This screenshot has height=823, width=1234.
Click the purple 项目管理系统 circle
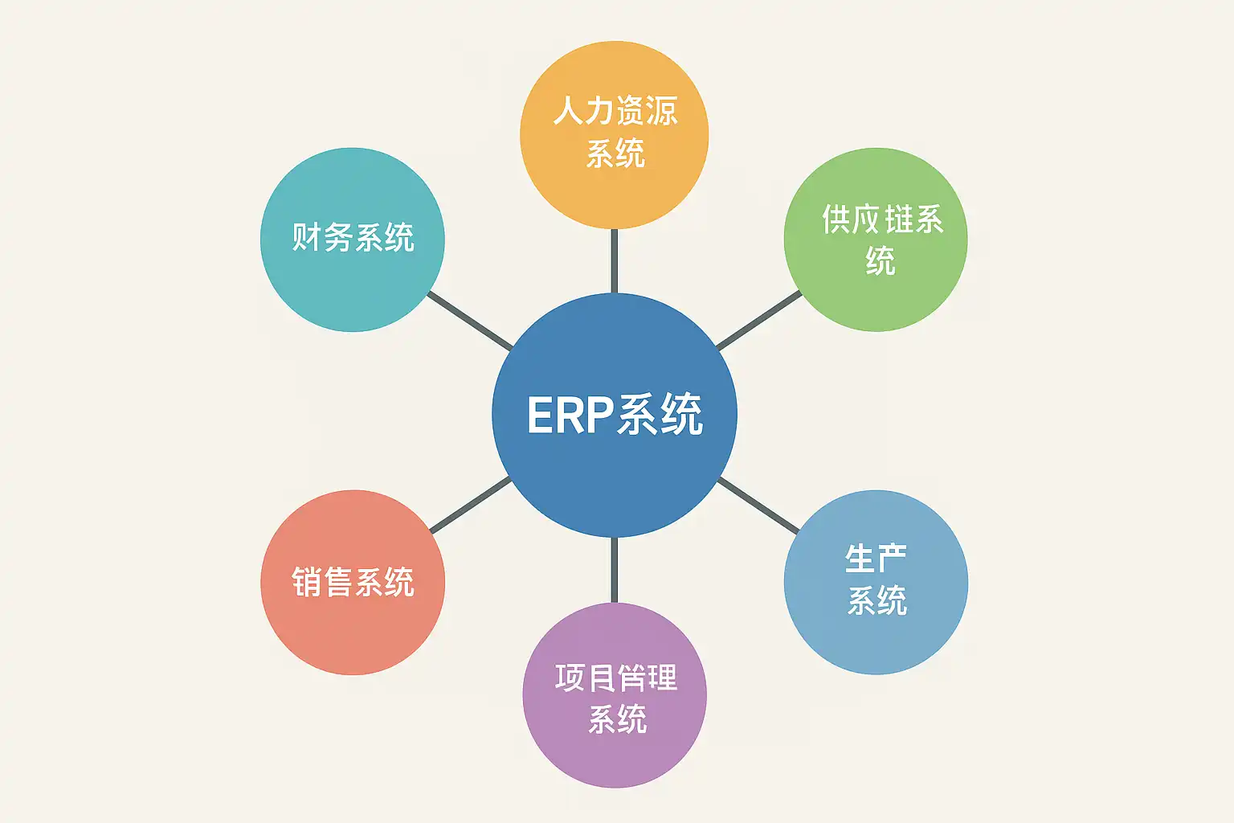615,755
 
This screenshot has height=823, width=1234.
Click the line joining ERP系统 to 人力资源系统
615,261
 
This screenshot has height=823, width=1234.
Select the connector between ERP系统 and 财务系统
470,321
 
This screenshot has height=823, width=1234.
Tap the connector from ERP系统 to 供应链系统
758,321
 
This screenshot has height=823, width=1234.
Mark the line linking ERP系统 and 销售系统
470,505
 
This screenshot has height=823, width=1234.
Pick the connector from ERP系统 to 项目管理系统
615,569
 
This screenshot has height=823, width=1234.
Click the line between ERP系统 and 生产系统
758,505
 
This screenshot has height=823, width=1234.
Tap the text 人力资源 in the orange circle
615,111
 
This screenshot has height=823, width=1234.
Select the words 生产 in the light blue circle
876,559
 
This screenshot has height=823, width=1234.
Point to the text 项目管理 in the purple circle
616,678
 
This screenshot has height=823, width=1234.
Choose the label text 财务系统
353,238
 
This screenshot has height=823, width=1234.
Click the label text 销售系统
353,582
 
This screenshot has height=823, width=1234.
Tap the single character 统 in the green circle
881,261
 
